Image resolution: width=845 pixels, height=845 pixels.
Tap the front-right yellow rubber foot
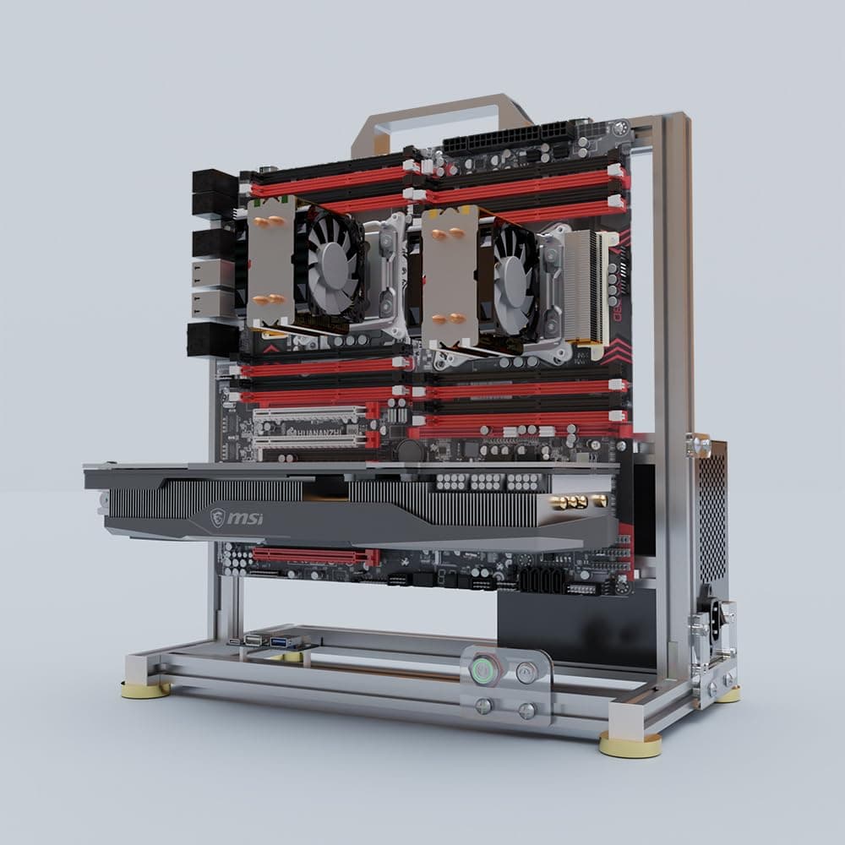tap(630, 744)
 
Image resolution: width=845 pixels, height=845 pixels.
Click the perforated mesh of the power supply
tap(711, 515)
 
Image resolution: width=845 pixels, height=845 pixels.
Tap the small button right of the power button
tap(526, 673)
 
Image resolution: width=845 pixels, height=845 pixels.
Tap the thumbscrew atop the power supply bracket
tap(699, 445)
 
